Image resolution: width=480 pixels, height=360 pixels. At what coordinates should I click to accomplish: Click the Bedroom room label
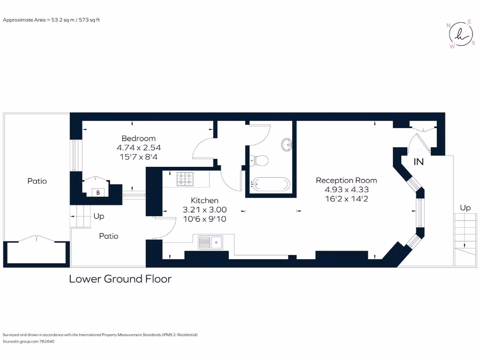click(x=138, y=138)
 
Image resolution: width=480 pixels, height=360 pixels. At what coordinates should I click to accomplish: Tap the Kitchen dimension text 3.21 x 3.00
click(x=205, y=210)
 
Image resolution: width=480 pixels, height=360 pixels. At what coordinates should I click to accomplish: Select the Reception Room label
click(x=346, y=180)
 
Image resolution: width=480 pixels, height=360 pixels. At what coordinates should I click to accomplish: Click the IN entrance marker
click(x=419, y=162)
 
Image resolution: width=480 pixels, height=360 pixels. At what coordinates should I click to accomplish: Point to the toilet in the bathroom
click(x=259, y=161)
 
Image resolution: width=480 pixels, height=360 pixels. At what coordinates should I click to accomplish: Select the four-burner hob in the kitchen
click(x=185, y=179)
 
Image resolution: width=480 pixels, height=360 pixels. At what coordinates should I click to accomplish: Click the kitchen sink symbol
click(x=210, y=242)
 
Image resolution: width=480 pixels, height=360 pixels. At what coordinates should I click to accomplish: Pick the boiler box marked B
click(x=98, y=192)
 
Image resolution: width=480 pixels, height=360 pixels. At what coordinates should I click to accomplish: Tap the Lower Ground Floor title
click(x=120, y=279)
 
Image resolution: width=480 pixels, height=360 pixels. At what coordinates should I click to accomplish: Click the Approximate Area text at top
click(x=52, y=20)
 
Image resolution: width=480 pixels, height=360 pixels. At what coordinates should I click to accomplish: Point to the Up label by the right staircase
click(x=465, y=208)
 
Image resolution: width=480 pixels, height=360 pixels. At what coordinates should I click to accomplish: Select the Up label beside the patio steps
click(x=98, y=217)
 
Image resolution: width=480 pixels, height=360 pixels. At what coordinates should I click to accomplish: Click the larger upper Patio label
click(x=37, y=181)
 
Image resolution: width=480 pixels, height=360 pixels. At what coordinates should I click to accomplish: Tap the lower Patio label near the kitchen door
click(x=108, y=236)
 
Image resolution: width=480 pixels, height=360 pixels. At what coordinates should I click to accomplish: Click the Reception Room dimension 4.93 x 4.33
click(x=346, y=190)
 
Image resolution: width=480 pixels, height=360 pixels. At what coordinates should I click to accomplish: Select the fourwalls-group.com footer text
click(x=29, y=342)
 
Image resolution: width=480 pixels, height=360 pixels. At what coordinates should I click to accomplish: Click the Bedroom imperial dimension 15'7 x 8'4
click(x=138, y=157)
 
